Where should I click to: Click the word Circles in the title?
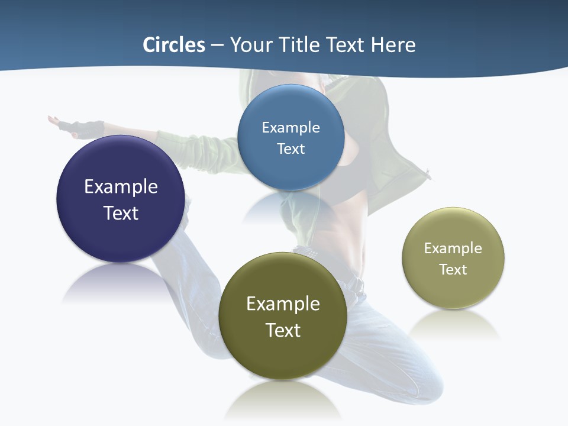tap(173, 45)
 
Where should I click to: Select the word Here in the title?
tap(393, 45)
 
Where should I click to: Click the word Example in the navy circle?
tap(121, 186)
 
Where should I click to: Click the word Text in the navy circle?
tap(121, 213)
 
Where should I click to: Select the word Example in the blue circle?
tap(291, 127)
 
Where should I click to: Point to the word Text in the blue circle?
tap(291, 149)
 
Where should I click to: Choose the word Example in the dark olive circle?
tap(283, 304)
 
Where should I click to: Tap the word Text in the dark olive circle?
tap(283, 330)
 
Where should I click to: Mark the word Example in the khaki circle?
tap(453, 248)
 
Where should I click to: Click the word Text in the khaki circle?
tap(453, 269)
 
